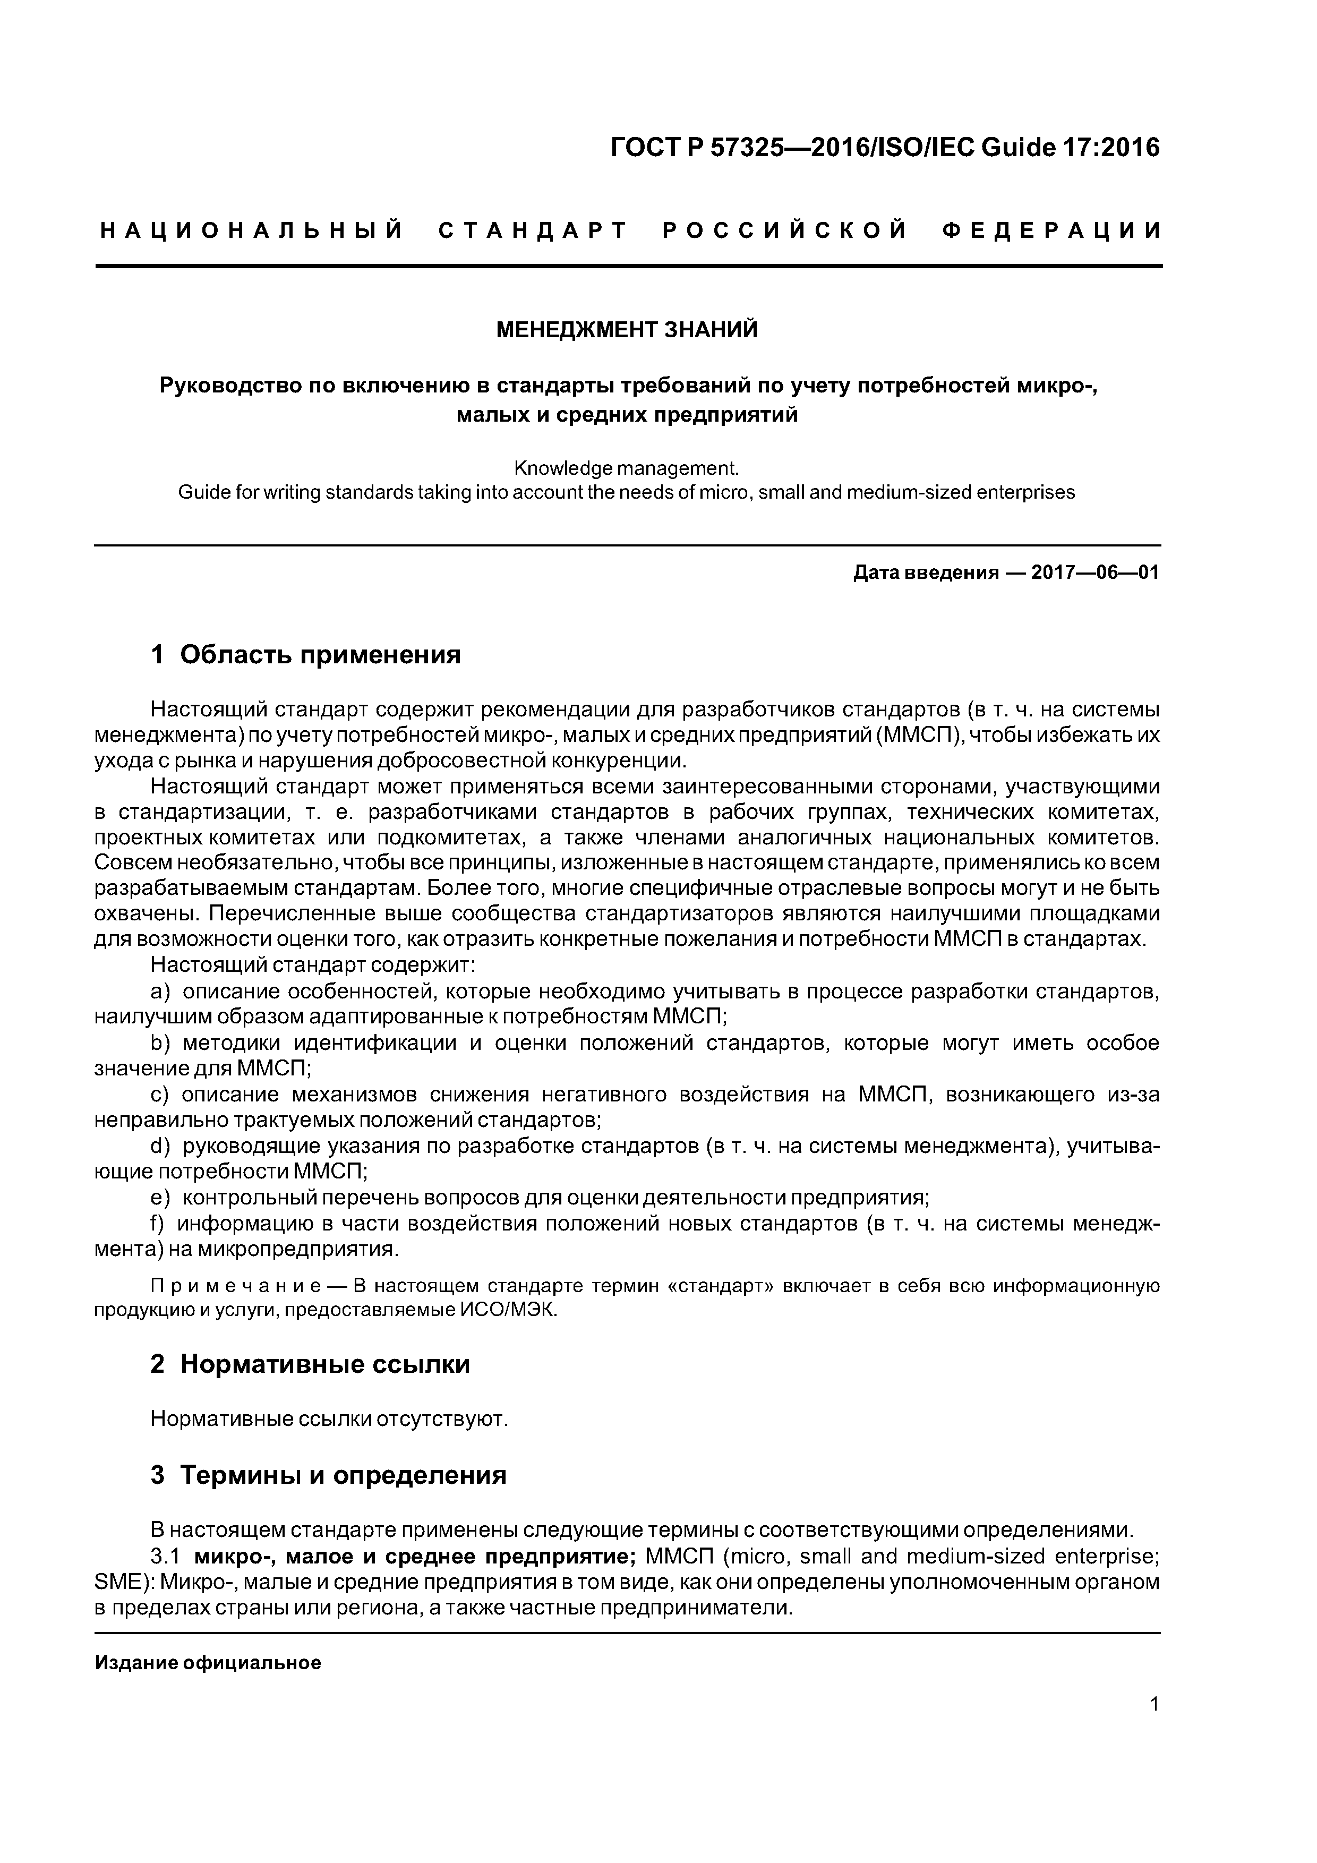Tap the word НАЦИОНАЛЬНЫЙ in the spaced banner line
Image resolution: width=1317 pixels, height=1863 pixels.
click(252, 231)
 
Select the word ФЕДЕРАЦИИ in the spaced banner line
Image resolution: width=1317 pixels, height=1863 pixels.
click(1051, 231)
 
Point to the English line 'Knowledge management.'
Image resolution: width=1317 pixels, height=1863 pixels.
click(627, 468)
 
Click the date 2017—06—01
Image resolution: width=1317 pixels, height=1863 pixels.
click(1094, 573)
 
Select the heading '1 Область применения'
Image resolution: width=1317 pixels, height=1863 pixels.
click(305, 654)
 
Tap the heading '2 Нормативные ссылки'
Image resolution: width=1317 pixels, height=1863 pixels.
click(310, 1364)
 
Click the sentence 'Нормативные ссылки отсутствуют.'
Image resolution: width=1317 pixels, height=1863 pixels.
click(329, 1419)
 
